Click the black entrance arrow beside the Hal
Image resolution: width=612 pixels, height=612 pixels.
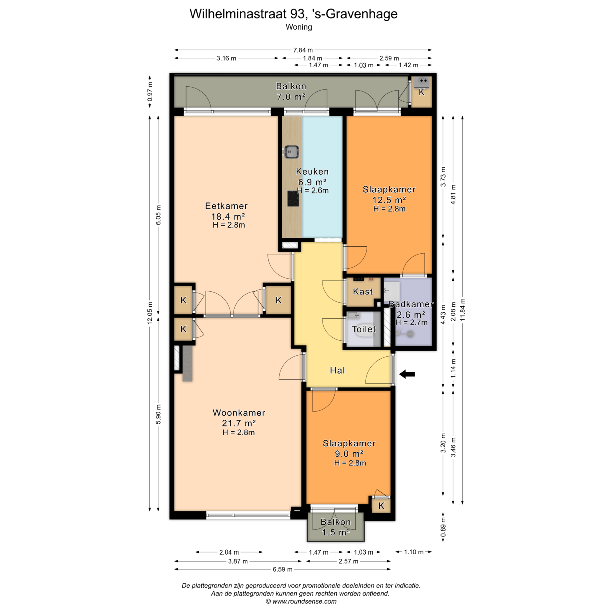point(407,374)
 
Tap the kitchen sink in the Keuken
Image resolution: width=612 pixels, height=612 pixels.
point(291,152)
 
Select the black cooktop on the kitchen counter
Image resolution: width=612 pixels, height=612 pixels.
point(293,199)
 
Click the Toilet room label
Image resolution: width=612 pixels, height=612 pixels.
point(364,329)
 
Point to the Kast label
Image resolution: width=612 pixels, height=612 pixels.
point(363,292)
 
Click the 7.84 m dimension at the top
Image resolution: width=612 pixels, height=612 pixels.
point(303,50)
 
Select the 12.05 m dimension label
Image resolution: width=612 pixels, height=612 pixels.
point(149,313)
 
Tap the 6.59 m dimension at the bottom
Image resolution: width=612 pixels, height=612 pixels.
point(282,569)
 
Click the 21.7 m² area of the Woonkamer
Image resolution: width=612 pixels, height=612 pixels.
point(239,423)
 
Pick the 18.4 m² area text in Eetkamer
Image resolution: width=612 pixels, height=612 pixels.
point(228,216)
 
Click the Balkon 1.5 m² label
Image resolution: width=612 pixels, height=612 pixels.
point(336,527)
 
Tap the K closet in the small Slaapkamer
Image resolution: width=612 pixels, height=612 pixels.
point(381,506)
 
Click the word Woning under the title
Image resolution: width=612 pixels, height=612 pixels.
point(299,27)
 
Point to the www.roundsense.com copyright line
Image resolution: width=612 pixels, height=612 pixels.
point(301,601)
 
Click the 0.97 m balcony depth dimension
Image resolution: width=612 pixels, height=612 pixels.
point(149,92)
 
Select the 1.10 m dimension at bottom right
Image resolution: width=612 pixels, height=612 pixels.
point(414,552)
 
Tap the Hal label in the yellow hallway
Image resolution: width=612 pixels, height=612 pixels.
point(337,370)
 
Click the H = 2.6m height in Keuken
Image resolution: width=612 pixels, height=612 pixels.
point(313,191)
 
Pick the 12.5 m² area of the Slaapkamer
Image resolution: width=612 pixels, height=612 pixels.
point(389,200)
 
